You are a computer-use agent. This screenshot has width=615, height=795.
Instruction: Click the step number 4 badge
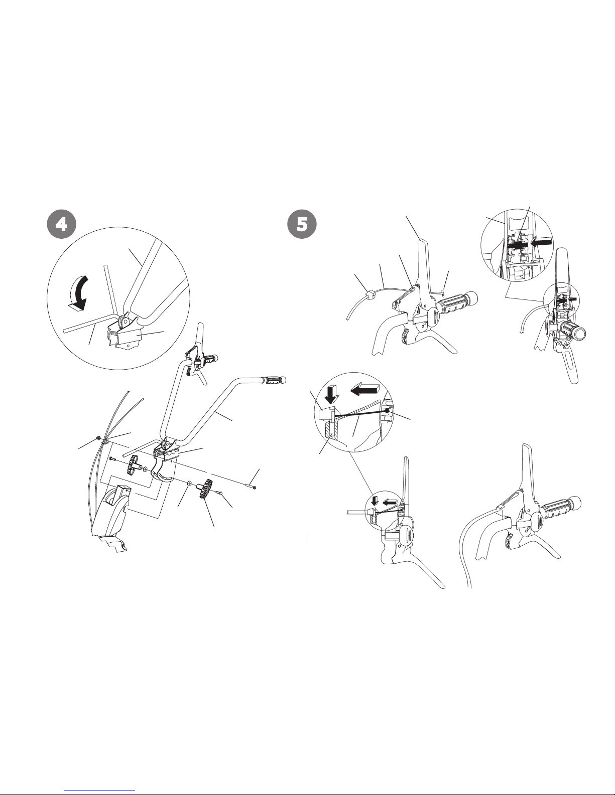point(61,224)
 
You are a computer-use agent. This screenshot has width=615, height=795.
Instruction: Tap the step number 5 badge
point(302,224)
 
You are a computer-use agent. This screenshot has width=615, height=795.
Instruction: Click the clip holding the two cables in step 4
point(105,441)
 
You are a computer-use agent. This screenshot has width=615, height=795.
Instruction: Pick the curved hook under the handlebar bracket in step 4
point(163,472)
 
